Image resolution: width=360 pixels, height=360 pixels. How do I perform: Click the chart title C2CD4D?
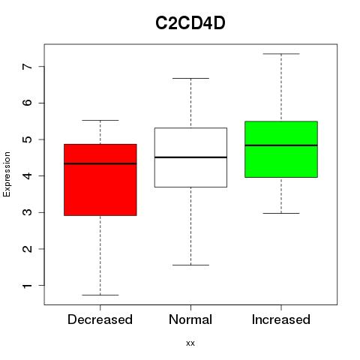[190, 23]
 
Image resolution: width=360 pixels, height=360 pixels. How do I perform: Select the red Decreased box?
[100, 180]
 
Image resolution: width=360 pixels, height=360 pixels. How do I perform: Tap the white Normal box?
[190, 157]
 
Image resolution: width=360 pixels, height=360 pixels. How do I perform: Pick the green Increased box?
[281, 149]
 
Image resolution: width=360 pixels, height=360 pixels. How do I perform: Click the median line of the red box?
[100, 163]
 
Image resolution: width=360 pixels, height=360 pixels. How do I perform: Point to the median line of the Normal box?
[190, 157]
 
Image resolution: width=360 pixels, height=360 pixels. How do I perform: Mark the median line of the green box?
[281, 145]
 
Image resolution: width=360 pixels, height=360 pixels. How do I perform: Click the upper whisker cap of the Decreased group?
[100, 120]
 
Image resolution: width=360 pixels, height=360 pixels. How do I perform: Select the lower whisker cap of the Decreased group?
[100, 295]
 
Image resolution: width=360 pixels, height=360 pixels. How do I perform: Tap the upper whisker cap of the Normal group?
[190, 78]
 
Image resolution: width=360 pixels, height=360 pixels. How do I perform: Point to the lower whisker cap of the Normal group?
[190, 265]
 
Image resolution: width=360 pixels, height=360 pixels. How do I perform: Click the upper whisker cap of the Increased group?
[281, 54]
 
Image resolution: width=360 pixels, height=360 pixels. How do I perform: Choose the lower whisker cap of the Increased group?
[281, 213]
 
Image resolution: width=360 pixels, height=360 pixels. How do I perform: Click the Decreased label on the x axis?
[100, 319]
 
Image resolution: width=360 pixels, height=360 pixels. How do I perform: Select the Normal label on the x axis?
[190, 319]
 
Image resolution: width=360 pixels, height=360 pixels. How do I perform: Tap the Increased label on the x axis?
[281, 319]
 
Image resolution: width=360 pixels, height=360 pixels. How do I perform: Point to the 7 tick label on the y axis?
[28, 67]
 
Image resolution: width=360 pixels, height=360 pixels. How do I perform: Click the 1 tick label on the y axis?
[28, 286]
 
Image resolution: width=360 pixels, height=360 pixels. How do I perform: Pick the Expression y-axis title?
[7, 174]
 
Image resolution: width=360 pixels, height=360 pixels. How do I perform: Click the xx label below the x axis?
[190, 343]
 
